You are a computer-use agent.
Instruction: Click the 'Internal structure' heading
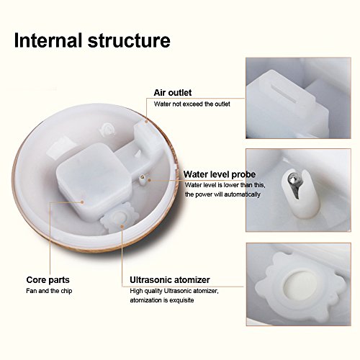[x=92, y=40]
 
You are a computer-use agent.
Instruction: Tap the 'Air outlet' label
[x=173, y=93]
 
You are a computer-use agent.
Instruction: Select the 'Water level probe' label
[x=220, y=174]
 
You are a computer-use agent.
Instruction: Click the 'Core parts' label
[x=48, y=280]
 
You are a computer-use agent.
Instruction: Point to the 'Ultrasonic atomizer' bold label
[x=170, y=280]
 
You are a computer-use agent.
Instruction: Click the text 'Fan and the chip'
[x=49, y=291]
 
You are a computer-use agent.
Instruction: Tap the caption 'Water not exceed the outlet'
[x=192, y=104]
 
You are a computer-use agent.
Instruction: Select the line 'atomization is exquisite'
[x=162, y=300]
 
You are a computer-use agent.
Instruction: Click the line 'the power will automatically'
[x=222, y=194]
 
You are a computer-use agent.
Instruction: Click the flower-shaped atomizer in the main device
[x=118, y=217]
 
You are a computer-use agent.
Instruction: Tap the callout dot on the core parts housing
[x=82, y=202]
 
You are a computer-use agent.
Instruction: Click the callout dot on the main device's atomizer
[x=122, y=226]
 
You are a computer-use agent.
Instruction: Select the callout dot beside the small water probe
[x=149, y=180]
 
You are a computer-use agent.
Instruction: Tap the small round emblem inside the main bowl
[x=107, y=130]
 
